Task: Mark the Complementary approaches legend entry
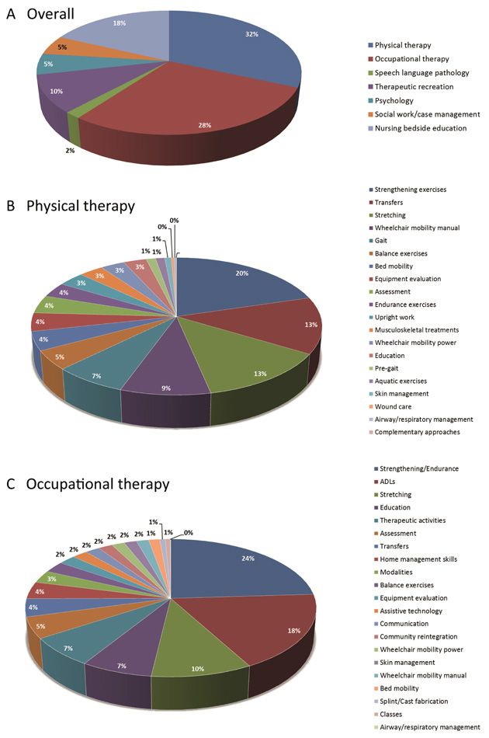pos(418,431)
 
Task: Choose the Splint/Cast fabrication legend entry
pos(411,701)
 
